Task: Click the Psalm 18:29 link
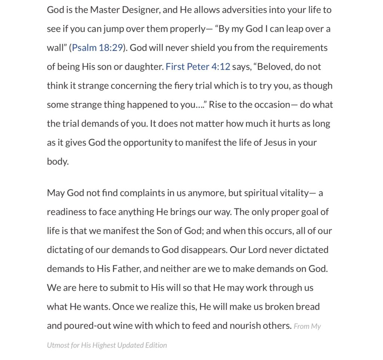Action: [x=97, y=48]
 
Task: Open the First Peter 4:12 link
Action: [x=197, y=67]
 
